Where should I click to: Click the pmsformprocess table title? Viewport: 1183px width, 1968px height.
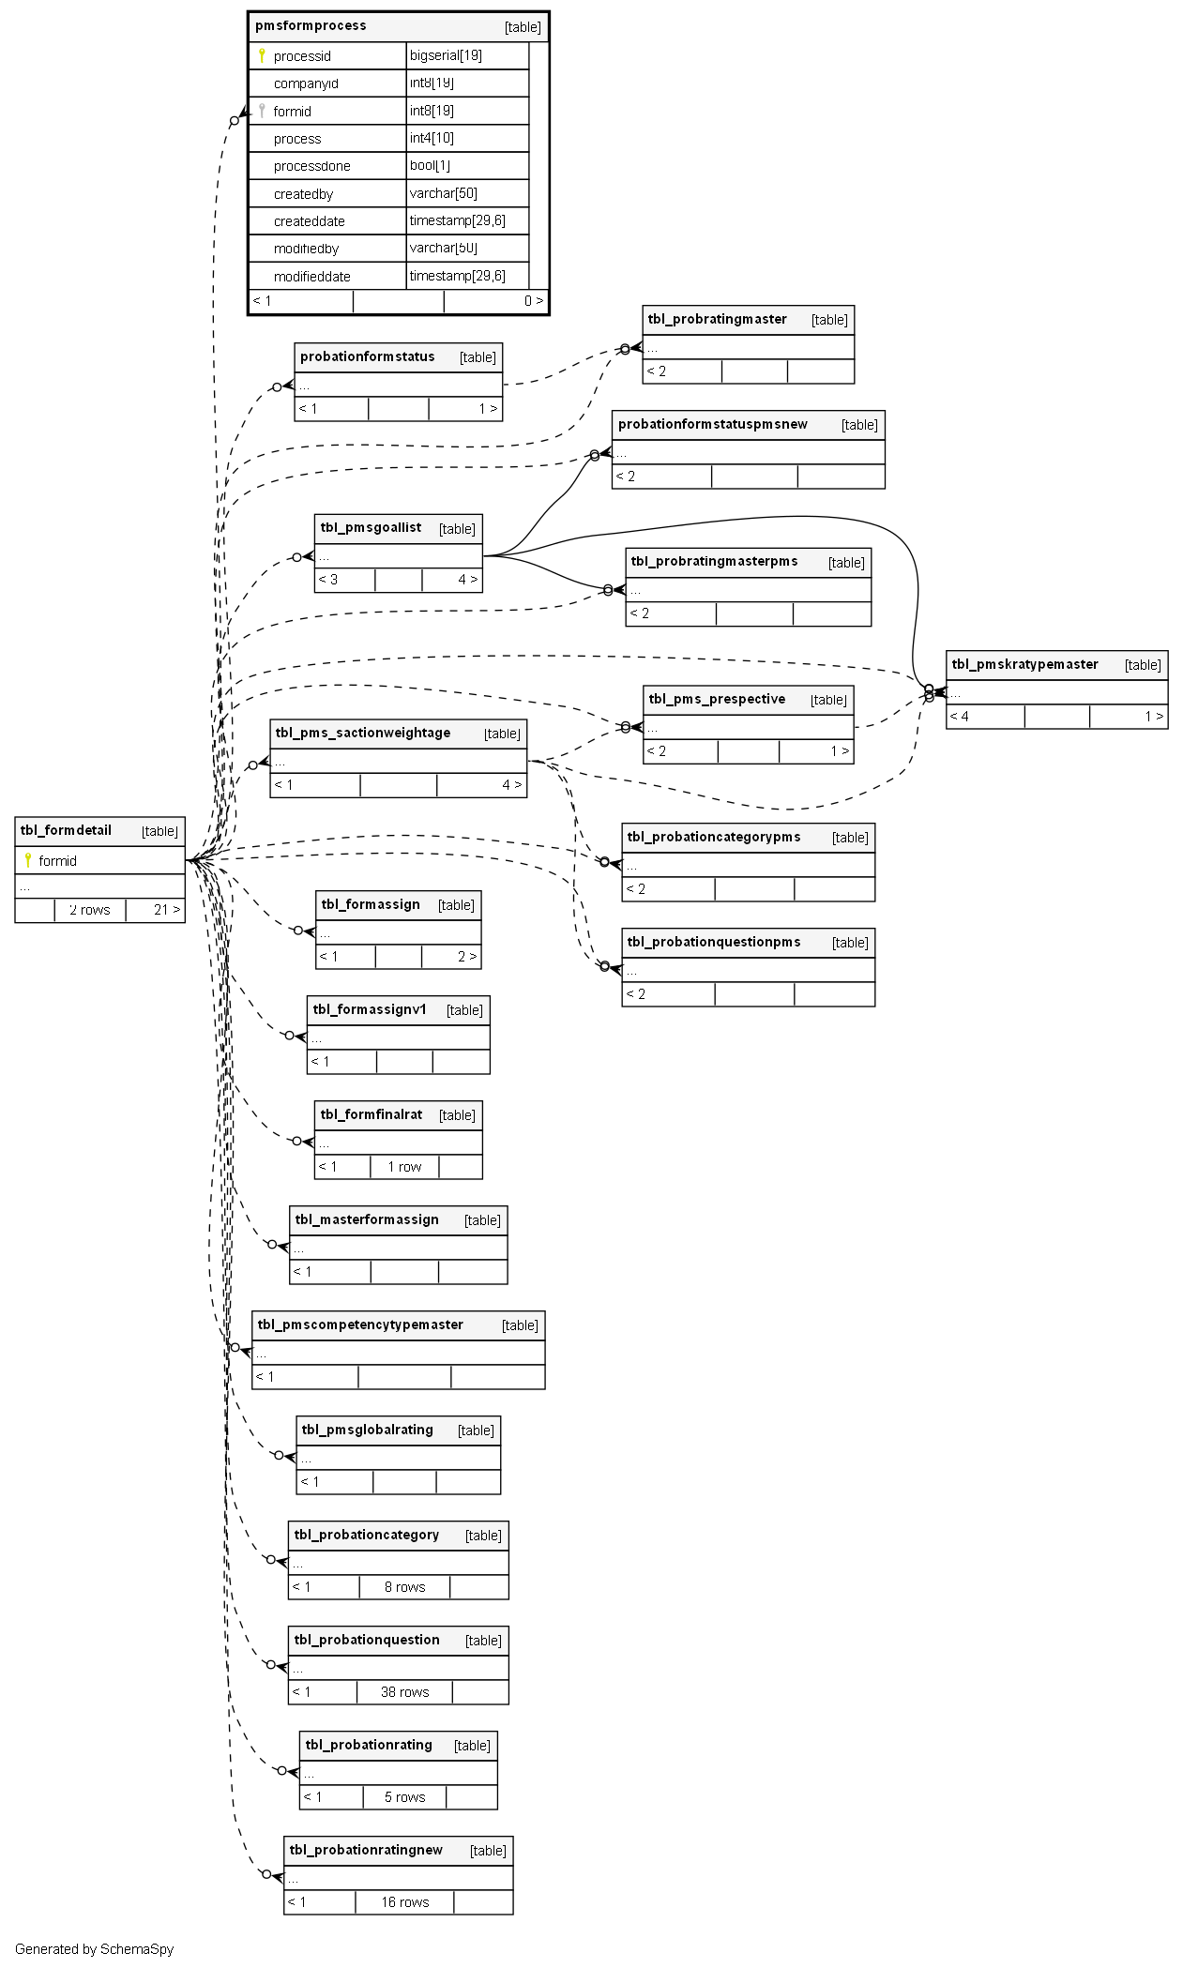tap(311, 26)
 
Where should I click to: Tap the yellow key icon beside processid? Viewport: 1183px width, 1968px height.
tap(262, 55)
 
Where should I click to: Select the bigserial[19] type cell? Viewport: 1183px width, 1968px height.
tap(447, 55)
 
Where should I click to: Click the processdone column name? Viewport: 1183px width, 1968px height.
tap(311, 166)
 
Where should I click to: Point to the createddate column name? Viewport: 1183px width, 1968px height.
tap(309, 221)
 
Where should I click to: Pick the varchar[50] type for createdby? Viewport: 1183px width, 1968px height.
tap(444, 193)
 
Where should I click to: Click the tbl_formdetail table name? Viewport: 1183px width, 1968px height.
tap(66, 830)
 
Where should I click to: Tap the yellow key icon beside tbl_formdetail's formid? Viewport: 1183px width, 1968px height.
tap(28, 860)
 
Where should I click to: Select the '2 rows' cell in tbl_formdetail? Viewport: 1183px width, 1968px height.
tap(90, 910)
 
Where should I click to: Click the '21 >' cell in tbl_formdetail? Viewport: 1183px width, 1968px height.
tap(167, 910)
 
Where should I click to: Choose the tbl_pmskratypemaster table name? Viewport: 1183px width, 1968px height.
tap(1024, 664)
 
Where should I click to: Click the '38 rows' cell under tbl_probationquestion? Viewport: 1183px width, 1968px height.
tap(404, 1692)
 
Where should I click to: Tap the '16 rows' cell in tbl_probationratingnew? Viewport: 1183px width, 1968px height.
tap(404, 1902)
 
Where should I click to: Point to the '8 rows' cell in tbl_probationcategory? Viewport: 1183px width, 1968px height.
tap(404, 1587)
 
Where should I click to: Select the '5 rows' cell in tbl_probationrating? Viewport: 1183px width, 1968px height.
tap(404, 1797)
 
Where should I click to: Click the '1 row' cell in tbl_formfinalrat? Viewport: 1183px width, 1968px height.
tap(404, 1167)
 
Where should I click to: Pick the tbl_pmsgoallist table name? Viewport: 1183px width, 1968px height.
tap(371, 527)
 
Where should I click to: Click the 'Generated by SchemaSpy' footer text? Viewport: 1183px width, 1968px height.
tap(94, 1949)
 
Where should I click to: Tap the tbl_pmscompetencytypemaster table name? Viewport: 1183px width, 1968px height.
tap(360, 1325)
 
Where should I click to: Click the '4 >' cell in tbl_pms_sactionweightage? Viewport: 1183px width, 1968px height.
tap(511, 785)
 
